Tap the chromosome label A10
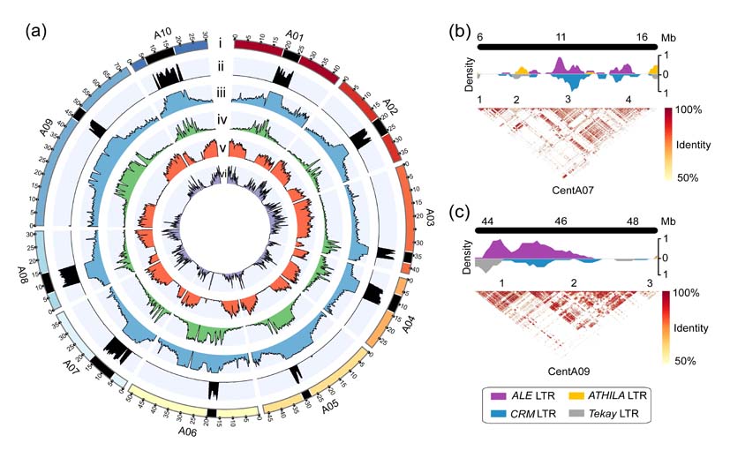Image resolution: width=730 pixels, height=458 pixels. [162, 35]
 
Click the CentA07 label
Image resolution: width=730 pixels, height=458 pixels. [566, 191]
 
